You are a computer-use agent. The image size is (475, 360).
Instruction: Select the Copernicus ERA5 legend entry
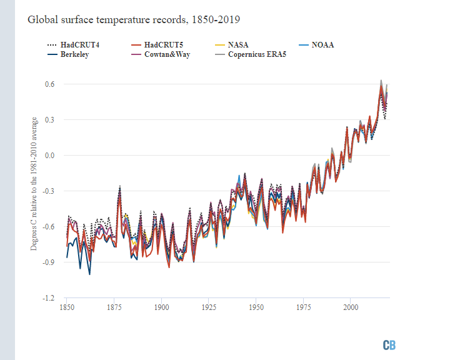click(256, 54)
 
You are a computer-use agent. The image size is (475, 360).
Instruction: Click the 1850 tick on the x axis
click(66, 307)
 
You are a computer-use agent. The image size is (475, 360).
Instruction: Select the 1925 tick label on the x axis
click(209, 307)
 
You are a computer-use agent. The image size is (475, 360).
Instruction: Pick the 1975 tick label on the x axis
click(304, 307)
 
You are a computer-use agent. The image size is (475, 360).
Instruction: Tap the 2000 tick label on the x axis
click(351, 307)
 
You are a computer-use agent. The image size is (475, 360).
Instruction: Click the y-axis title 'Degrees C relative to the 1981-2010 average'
click(34, 184)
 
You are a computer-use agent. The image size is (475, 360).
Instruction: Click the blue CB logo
click(389, 345)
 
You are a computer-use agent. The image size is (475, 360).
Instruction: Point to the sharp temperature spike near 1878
click(119, 187)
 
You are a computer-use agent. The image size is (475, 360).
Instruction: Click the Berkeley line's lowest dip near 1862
click(89, 274)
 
